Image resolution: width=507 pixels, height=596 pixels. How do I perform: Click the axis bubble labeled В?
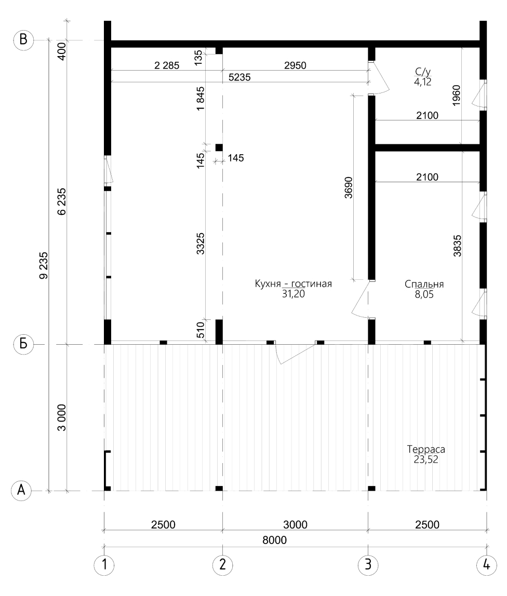click(23, 40)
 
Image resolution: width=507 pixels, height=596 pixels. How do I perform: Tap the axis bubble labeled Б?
click(23, 344)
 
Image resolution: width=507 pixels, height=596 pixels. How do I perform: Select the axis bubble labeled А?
click(21, 491)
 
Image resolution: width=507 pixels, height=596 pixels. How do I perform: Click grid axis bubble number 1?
click(104, 565)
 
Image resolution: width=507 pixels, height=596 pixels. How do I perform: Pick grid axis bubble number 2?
click(222, 565)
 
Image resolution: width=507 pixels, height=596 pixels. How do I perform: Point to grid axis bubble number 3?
click(368, 565)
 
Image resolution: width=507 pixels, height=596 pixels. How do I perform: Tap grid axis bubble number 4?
click(486, 565)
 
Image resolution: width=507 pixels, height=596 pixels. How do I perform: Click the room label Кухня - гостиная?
click(293, 284)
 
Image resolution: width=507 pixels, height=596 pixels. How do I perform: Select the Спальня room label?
click(424, 285)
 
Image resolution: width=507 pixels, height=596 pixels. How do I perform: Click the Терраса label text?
click(426, 449)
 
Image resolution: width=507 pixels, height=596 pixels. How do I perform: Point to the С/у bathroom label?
click(422, 72)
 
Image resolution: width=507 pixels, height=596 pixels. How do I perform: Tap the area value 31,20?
click(293, 294)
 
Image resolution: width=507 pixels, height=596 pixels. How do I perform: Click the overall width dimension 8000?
click(275, 540)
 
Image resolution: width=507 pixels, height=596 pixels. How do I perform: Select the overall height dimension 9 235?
click(44, 265)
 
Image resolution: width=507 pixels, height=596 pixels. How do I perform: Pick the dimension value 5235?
click(239, 77)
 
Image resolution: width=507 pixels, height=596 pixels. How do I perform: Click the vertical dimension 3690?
click(349, 187)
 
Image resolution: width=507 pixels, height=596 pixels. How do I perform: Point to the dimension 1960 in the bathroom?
click(457, 95)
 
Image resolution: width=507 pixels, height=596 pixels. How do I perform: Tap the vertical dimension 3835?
click(457, 246)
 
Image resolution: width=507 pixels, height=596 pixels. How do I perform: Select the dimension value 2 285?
click(167, 65)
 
